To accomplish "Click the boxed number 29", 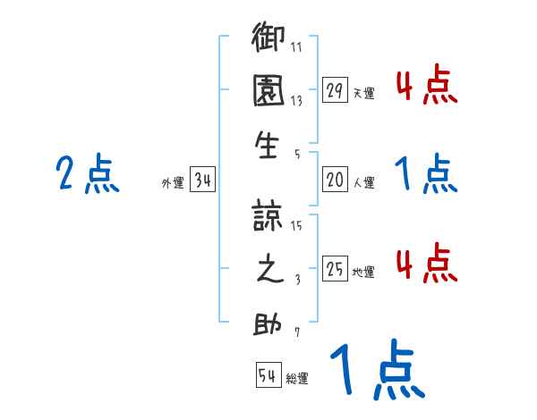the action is [x=336, y=89].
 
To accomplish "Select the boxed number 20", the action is [x=336, y=181].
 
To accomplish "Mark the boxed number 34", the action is [x=202, y=181].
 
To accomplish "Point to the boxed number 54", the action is [x=268, y=376].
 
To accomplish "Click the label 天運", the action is [x=363, y=93].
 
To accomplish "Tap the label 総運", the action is [x=297, y=379].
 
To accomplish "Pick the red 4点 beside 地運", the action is [x=426, y=263].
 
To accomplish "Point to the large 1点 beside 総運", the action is [x=376, y=370].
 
